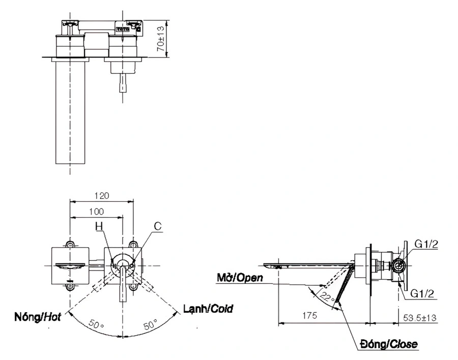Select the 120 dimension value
pos(102,195)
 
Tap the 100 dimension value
pos(96,211)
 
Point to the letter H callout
pos(99,227)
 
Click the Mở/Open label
pos(239,278)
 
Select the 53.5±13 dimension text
pos(419,316)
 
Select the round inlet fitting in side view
pos(397,264)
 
